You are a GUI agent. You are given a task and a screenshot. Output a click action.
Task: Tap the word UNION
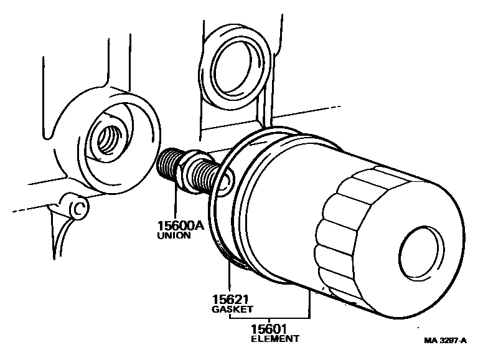[174, 237]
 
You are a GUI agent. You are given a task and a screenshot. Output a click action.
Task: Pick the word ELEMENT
[275, 339]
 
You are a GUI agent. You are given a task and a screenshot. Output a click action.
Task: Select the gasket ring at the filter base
[221, 206]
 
